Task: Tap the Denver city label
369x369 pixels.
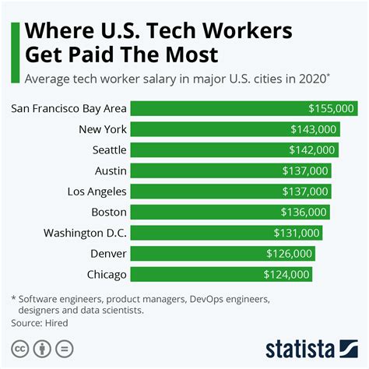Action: click(x=107, y=253)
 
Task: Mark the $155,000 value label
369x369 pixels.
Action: click(x=331, y=109)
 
